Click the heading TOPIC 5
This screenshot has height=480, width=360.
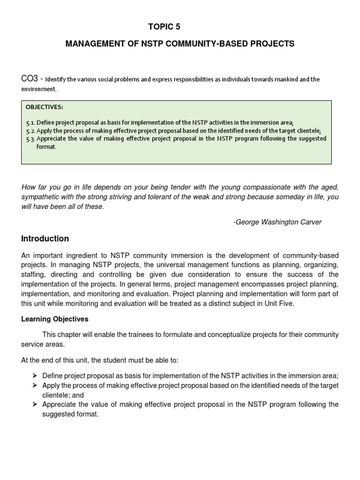coord(164,27)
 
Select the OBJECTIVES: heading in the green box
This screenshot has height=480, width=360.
coord(44,107)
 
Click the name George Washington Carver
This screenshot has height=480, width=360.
coord(278,222)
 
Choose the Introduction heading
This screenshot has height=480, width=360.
coord(45,239)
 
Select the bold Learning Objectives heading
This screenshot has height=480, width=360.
coord(55,319)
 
